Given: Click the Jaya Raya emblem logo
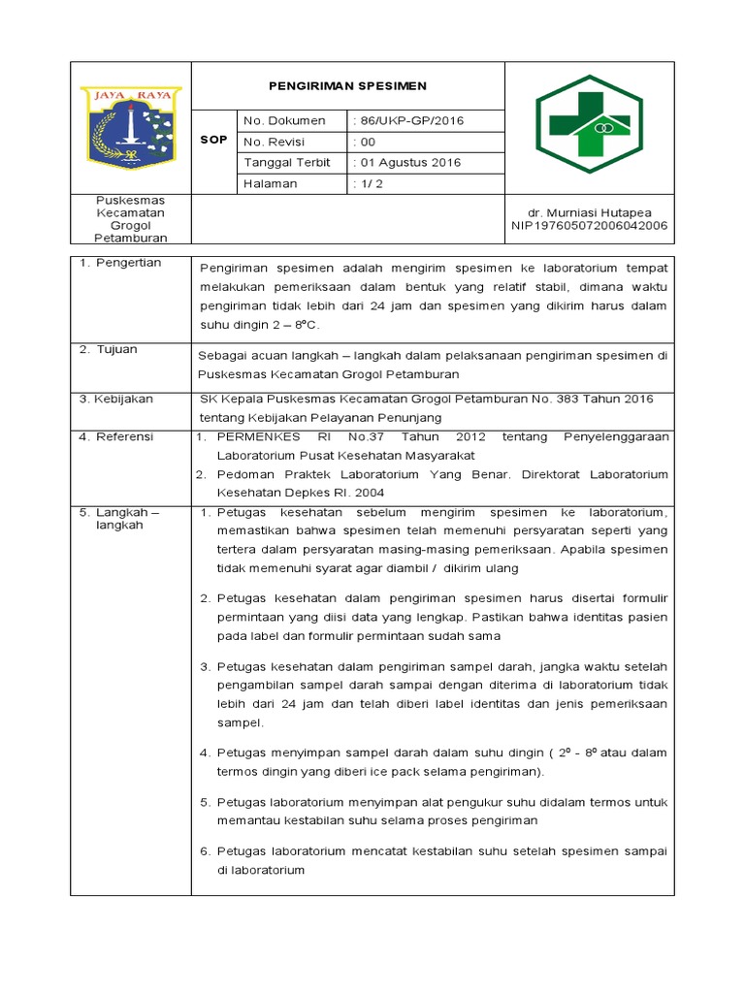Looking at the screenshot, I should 131,127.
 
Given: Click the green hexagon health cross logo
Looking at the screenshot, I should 589,126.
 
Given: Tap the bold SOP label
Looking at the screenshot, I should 213,140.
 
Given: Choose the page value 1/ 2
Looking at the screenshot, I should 371,183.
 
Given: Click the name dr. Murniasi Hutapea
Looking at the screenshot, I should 590,212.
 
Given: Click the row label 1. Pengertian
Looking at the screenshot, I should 120,263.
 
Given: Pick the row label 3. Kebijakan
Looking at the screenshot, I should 118,399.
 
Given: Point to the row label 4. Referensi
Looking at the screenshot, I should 117,436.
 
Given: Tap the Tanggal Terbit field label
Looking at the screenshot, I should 286,162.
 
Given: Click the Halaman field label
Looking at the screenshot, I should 271,183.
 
